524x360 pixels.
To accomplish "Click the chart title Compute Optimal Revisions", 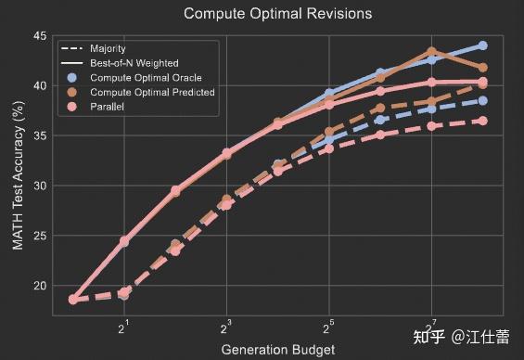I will pos(277,14).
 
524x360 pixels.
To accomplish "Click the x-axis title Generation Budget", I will pos(276,349).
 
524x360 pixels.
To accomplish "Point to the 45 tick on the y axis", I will pos(39,35).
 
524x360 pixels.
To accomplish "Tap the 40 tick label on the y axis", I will pos(39,85).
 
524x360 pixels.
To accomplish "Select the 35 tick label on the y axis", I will pos(39,135).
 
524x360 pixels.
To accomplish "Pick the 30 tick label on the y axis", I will pos(39,186).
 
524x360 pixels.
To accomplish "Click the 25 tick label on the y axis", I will pos(39,236).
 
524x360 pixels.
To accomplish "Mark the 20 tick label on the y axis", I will pos(39,286).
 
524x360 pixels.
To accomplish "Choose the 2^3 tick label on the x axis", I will pos(226,326).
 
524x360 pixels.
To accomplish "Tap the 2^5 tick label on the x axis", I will pos(329,326).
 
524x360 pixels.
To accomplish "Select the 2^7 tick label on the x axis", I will pos(431,326).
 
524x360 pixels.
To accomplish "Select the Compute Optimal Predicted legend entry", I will pos(152,92).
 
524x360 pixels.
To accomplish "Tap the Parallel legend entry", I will pos(108,107).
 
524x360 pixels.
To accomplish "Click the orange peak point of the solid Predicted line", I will pos(432,52).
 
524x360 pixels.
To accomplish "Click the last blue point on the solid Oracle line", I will pos(483,45).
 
